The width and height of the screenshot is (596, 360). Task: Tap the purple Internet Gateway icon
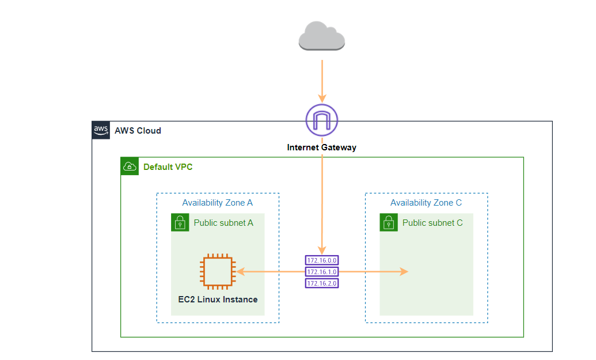pos(321,120)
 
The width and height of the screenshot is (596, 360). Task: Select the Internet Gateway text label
pos(321,147)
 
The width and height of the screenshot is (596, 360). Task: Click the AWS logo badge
pos(101,131)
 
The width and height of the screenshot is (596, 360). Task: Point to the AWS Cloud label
pos(138,131)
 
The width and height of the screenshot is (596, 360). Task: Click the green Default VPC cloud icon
pos(130,167)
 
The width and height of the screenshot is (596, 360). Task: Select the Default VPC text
pos(168,167)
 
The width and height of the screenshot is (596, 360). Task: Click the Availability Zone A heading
pos(217,203)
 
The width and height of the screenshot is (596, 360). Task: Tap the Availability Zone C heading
pos(426,203)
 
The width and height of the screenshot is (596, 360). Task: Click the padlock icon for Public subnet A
pos(180,223)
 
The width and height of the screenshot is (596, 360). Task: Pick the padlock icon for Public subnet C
pos(389,223)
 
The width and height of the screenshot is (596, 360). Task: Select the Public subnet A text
pos(223,223)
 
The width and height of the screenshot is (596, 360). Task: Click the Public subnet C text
pos(432,223)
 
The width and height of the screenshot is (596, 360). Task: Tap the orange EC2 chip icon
pos(217,272)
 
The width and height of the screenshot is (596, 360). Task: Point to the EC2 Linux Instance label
pos(218,300)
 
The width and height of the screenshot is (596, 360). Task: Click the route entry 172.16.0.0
pos(322,260)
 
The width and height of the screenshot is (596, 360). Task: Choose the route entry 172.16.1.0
pos(322,271)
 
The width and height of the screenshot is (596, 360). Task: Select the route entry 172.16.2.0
pos(322,283)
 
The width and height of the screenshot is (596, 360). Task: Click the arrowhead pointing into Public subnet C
pos(405,271)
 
